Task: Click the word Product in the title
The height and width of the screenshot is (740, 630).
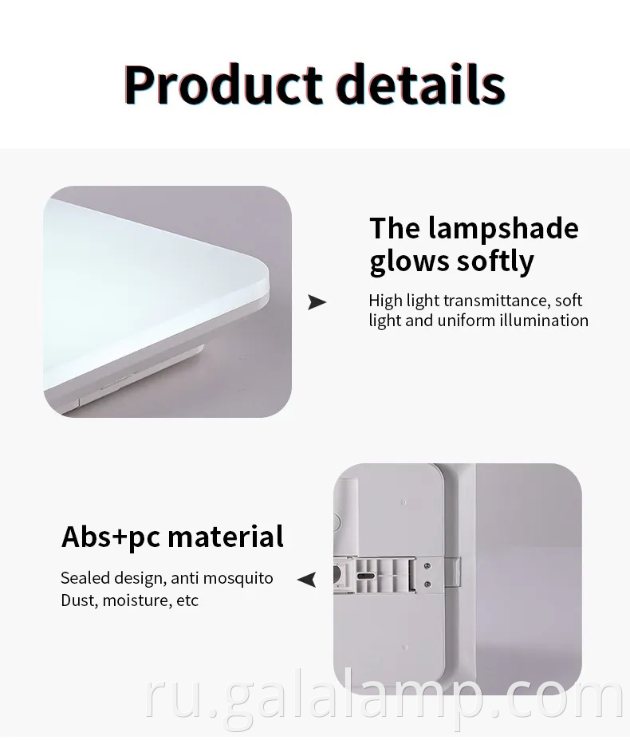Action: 222,85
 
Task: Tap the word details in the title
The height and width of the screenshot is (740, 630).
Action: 419,85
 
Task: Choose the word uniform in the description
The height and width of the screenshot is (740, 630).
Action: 465,321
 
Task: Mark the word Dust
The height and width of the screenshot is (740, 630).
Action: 77,600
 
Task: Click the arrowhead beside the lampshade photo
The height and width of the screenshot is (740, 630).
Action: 317,302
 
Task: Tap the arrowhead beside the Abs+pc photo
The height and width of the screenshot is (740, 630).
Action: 307,580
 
